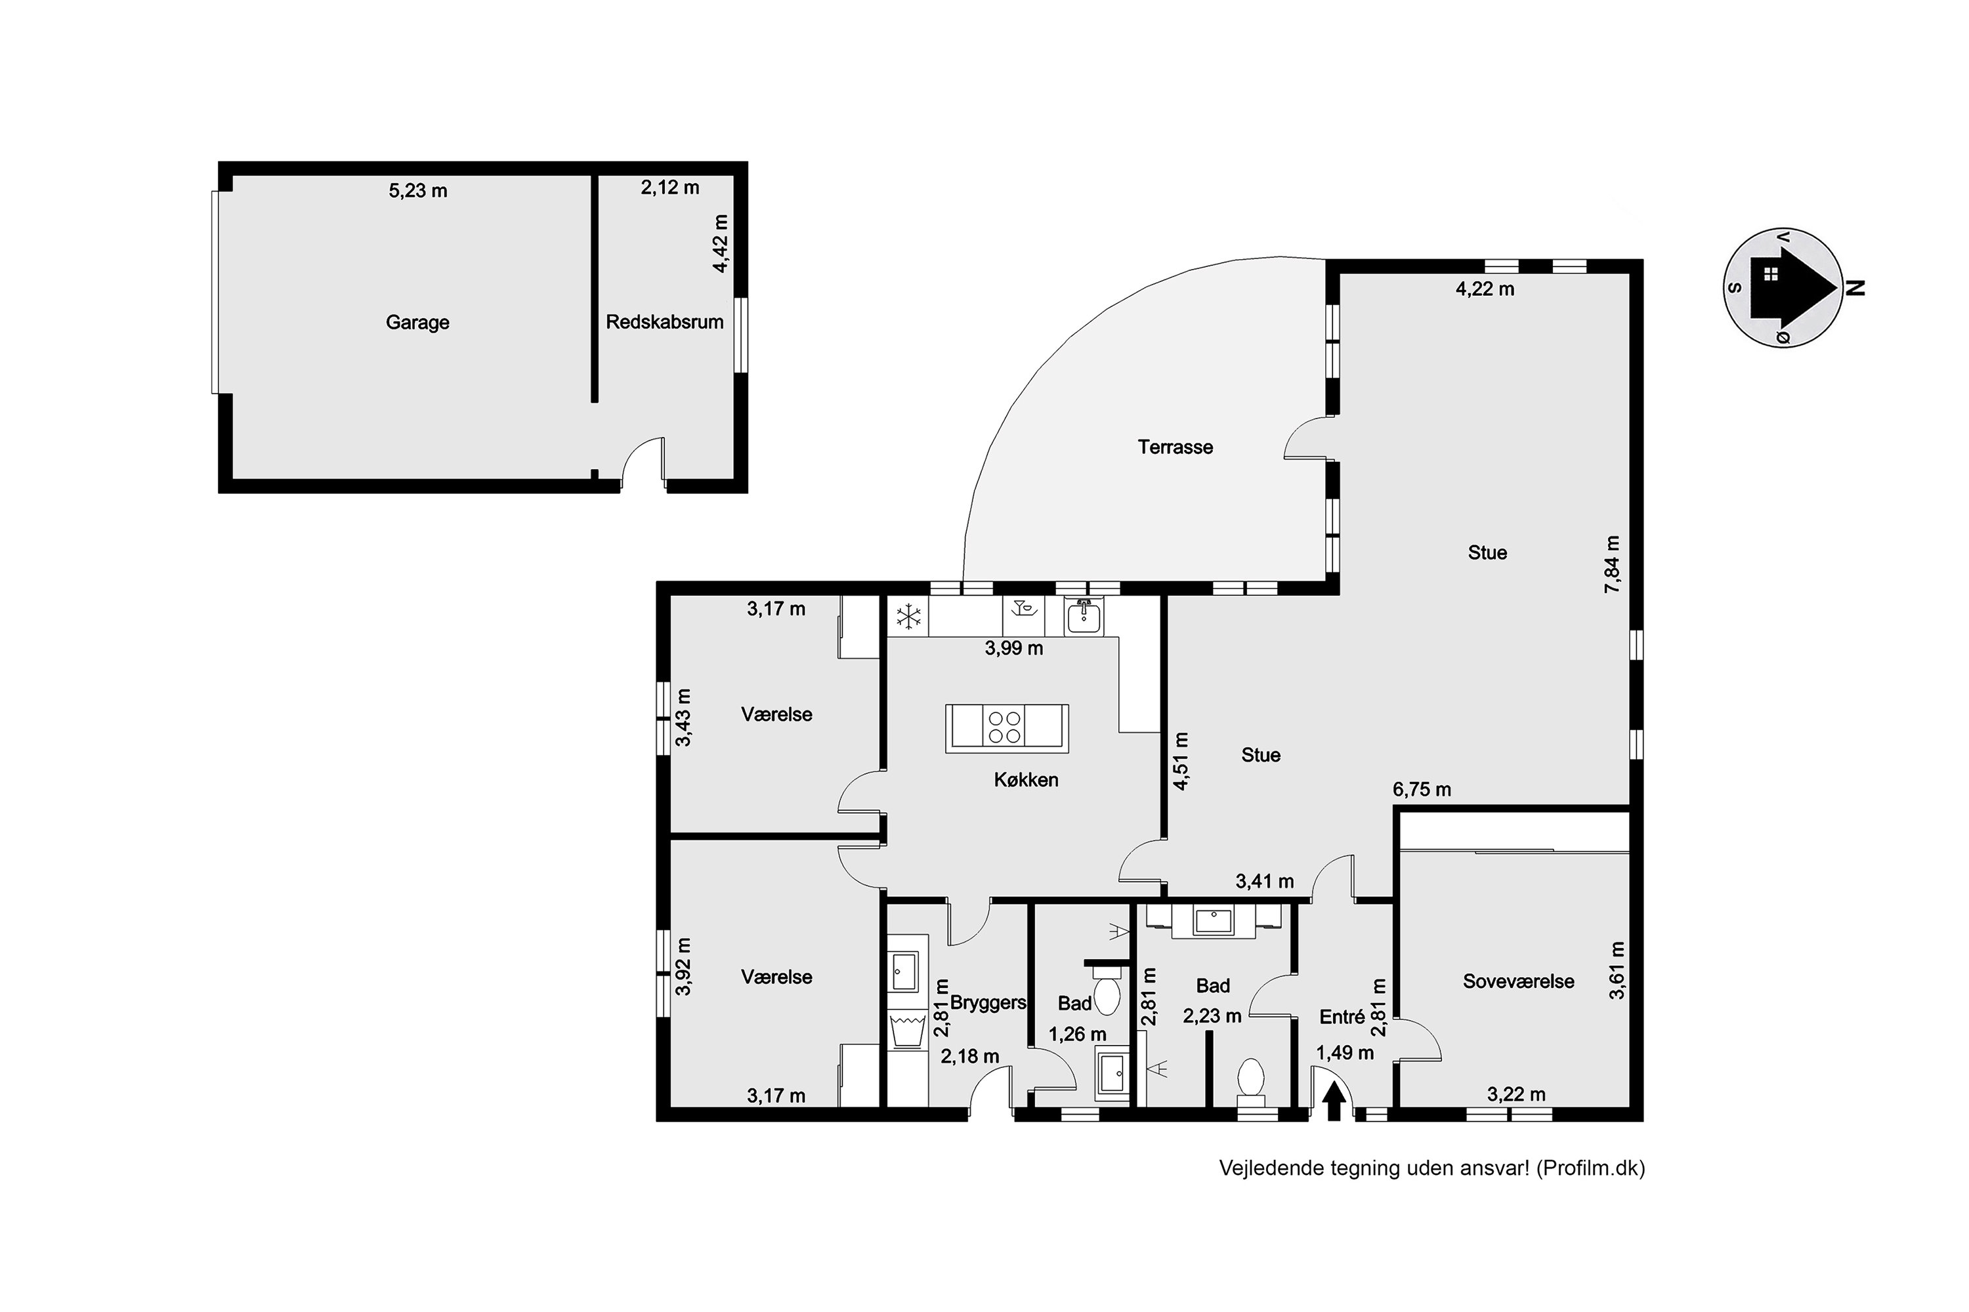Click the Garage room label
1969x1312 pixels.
coord(417,323)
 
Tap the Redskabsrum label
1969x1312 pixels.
coord(665,322)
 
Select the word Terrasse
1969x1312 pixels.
coord(1175,447)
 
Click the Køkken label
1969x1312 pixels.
coord(1027,780)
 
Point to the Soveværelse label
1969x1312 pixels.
coord(1519,981)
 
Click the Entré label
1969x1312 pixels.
coord(1342,1017)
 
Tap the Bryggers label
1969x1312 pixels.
coord(988,1003)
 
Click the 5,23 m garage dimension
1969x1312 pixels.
coord(417,191)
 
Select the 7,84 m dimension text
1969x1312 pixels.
coord(1613,565)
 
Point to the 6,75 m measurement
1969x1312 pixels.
coord(1422,789)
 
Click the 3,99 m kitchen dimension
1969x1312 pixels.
coord(1014,647)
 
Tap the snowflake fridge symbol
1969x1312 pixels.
coord(908,617)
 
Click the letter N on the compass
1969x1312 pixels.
coord(1856,288)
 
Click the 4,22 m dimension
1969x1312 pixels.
coord(1485,289)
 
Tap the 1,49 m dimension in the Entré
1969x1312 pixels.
coord(1344,1054)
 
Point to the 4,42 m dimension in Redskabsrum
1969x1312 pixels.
coord(720,243)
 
